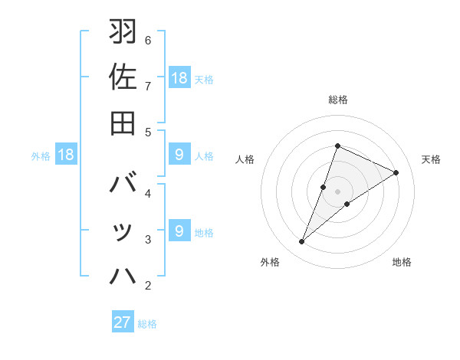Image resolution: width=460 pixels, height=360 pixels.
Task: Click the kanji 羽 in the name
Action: click(123, 32)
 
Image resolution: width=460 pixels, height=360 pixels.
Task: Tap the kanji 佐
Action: click(123, 77)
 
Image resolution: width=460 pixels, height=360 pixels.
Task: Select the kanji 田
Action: click(123, 123)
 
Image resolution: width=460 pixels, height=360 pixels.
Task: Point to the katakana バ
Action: click(123, 185)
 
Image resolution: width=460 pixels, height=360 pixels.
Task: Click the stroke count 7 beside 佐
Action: click(148, 86)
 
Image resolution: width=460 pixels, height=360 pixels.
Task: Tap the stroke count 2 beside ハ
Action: click(148, 286)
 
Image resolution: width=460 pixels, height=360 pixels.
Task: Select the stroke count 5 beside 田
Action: click(148, 132)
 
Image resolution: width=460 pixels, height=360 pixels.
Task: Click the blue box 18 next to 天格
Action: click(179, 77)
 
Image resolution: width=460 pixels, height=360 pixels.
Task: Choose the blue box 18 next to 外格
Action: click(66, 155)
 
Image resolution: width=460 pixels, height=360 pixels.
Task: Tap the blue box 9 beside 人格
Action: click(179, 155)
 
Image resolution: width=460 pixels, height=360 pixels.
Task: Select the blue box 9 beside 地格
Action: click(179, 231)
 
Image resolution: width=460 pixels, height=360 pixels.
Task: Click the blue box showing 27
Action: click(123, 322)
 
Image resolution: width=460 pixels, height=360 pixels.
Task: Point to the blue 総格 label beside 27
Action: click(148, 323)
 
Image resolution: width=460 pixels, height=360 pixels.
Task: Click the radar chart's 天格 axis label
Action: click(432, 159)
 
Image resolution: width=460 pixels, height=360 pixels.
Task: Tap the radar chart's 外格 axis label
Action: click(270, 262)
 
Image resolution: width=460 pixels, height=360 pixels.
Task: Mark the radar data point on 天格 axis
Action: click(396, 172)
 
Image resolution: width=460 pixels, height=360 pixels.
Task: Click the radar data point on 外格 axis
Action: click(301, 242)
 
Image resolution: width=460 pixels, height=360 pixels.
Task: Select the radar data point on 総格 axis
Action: click(337, 146)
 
